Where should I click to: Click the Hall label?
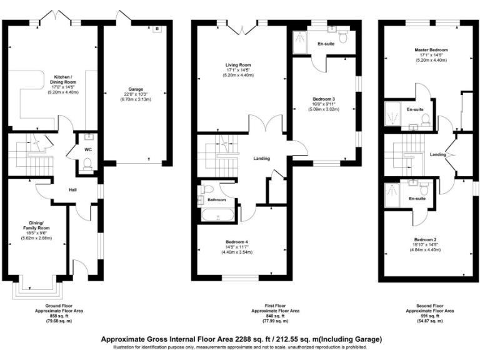pos(73,191)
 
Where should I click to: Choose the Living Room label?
pos(239,64)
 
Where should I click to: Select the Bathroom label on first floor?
pos(217,200)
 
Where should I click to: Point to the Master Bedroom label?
pos(431,50)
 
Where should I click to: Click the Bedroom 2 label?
pos(425,239)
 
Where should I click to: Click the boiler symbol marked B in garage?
pos(157,29)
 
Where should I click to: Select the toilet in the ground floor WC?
pos(88,164)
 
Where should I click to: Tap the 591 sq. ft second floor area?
pos(429,317)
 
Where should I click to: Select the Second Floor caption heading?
pos(429,306)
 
